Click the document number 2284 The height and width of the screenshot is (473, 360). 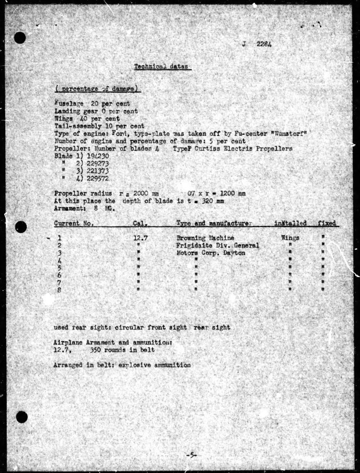(x=264, y=44)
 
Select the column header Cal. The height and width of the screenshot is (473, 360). (x=140, y=223)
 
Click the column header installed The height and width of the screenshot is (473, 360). (x=290, y=223)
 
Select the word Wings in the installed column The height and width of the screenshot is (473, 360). (x=290, y=238)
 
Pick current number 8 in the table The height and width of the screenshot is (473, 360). (x=59, y=290)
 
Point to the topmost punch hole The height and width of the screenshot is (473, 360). (x=20, y=38)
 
